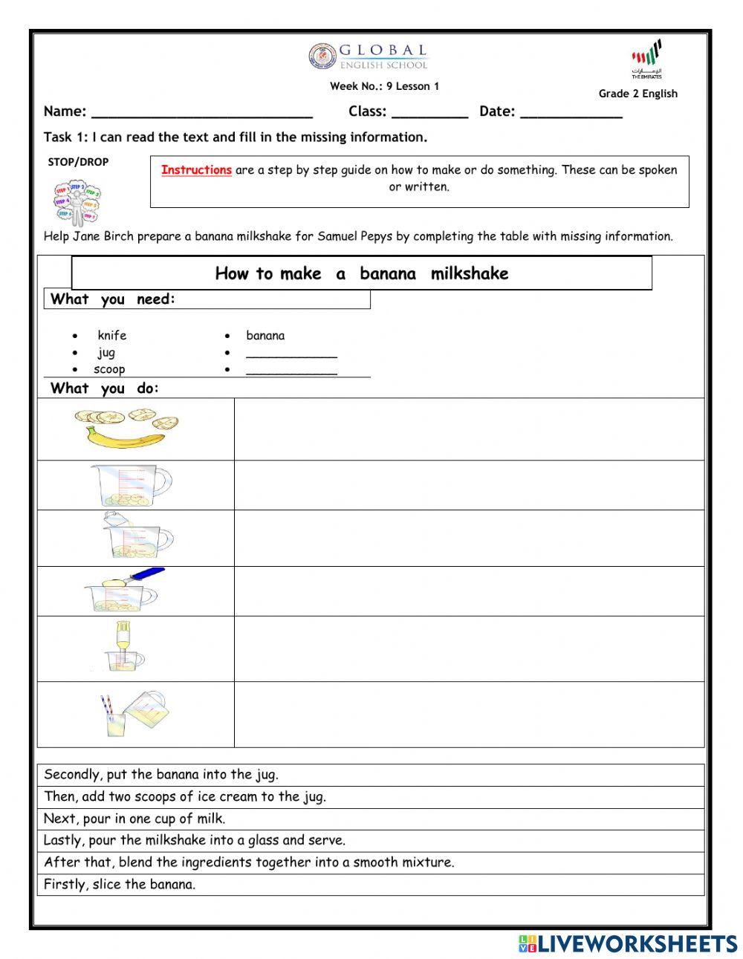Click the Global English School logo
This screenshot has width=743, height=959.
(x=369, y=56)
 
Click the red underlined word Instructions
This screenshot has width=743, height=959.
(x=196, y=170)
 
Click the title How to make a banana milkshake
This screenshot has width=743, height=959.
(x=361, y=273)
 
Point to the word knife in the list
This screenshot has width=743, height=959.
(x=111, y=336)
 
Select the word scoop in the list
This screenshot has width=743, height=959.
(x=109, y=369)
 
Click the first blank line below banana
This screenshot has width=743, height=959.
(x=291, y=354)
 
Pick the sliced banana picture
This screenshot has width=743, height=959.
(x=126, y=429)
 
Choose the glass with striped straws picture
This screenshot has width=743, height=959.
(x=134, y=714)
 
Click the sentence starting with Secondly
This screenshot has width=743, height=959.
(x=161, y=775)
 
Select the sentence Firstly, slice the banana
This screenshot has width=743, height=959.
(x=120, y=885)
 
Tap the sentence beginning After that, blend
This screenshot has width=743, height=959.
(x=248, y=862)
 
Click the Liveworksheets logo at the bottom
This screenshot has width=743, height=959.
(x=627, y=943)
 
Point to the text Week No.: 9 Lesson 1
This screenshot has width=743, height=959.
(x=384, y=86)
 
